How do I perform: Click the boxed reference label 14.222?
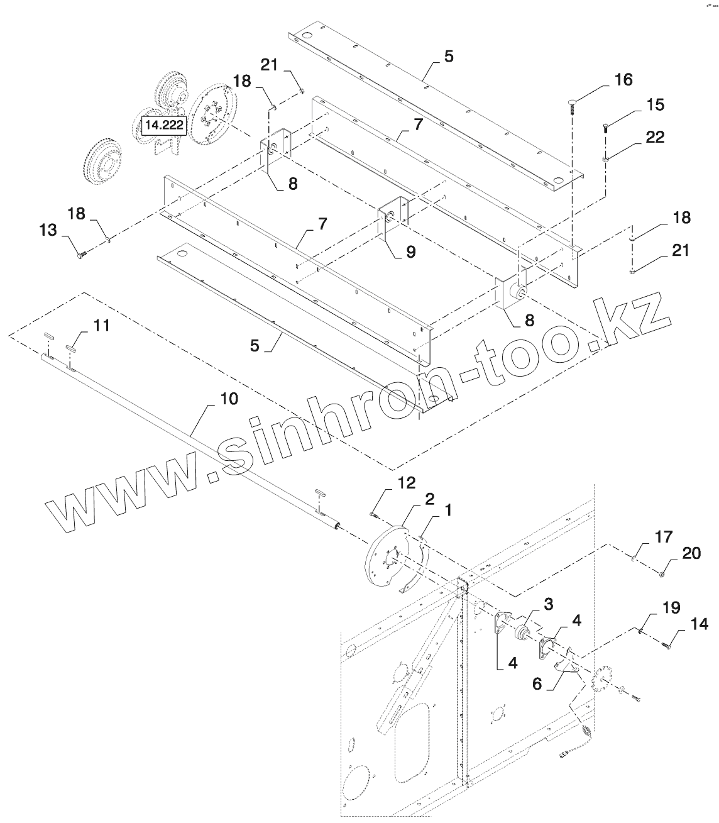[164, 126]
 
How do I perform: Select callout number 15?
[655, 104]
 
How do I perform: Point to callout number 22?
[655, 137]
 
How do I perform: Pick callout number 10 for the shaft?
[229, 399]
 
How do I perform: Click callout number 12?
[407, 483]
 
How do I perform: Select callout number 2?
[429, 499]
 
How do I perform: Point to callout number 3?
[548, 605]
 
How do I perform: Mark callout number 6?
[536, 683]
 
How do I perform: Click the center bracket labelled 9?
[394, 216]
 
